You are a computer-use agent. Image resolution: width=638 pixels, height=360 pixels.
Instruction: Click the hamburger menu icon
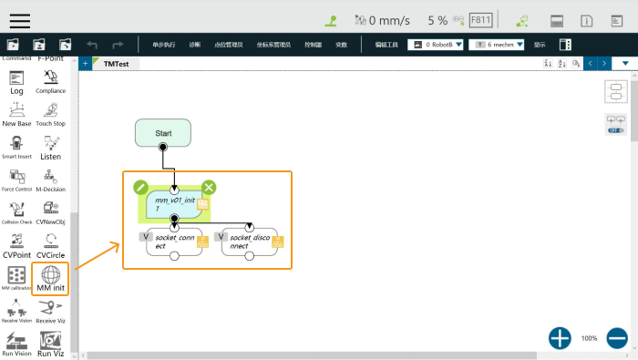click(x=19, y=20)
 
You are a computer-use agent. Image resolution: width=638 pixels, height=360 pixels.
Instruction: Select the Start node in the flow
click(x=163, y=133)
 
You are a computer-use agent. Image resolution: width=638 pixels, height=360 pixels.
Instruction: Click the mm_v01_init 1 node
click(x=174, y=202)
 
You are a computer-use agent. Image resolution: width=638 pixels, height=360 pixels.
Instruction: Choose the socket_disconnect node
click(x=249, y=242)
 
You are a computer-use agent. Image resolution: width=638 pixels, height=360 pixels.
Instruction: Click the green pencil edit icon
click(x=140, y=188)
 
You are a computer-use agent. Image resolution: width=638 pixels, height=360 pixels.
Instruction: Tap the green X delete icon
click(x=209, y=188)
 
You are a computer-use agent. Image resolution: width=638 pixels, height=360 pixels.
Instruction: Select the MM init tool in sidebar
click(x=50, y=278)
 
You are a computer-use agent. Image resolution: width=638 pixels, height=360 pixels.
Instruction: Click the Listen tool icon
click(x=50, y=148)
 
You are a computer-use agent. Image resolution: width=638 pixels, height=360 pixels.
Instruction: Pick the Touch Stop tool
click(x=50, y=113)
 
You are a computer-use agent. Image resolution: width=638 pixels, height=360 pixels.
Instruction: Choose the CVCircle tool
click(x=50, y=246)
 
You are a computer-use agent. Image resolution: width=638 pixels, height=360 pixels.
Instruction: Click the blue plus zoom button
click(x=560, y=338)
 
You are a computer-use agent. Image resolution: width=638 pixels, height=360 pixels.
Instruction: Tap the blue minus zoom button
click(x=617, y=338)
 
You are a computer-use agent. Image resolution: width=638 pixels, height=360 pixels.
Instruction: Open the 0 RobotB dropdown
click(x=436, y=44)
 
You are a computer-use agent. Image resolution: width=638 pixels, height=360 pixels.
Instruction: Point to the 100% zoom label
click(x=589, y=338)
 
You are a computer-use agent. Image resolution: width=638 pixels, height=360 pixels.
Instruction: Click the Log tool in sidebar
click(x=16, y=81)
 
